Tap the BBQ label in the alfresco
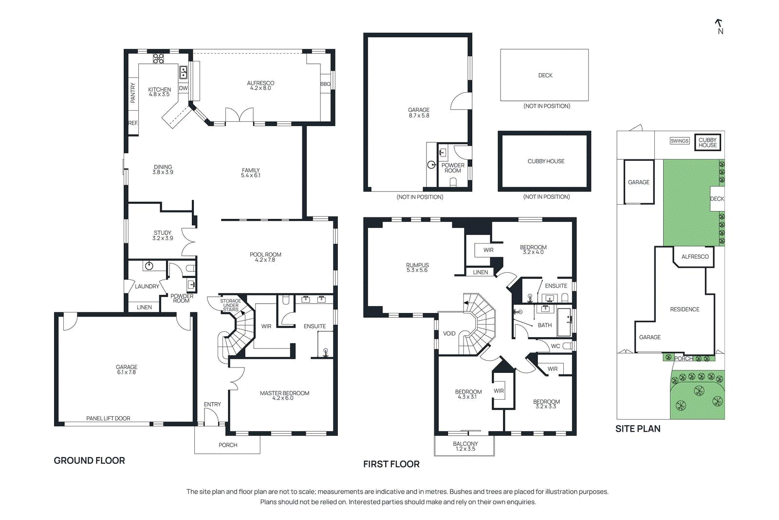(325, 84)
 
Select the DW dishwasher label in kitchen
(183, 88)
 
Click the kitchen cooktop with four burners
(158, 58)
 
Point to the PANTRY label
(133, 93)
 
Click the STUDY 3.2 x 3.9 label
(163, 235)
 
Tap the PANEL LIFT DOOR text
(108, 418)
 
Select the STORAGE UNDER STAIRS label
(230, 305)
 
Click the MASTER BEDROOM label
(284, 395)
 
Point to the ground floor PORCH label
(228, 445)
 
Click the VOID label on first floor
(449, 334)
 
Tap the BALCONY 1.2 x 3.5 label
(465, 446)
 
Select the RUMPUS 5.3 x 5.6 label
(417, 268)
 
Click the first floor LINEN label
(480, 272)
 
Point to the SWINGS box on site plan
(679, 141)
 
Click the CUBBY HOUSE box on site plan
(707, 142)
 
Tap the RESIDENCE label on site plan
(684, 309)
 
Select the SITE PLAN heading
(637, 429)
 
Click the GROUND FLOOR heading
(89, 461)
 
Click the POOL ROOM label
(265, 257)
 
